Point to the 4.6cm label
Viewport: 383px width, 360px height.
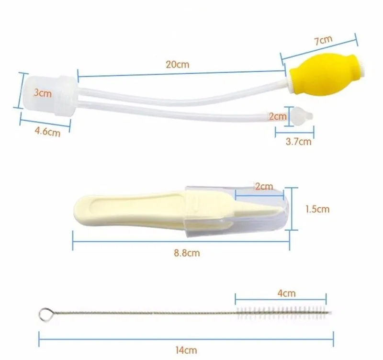point(48,131)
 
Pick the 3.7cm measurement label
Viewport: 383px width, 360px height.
point(298,141)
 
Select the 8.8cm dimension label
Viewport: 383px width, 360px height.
point(187,253)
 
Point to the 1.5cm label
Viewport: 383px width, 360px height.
point(317,209)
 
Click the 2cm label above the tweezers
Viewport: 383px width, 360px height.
point(263,186)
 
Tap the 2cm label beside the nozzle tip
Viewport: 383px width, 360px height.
point(278,116)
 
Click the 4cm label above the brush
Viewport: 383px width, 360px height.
point(287,293)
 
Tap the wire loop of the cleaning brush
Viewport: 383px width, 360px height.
point(45,314)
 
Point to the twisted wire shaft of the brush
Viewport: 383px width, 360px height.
point(144,313)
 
